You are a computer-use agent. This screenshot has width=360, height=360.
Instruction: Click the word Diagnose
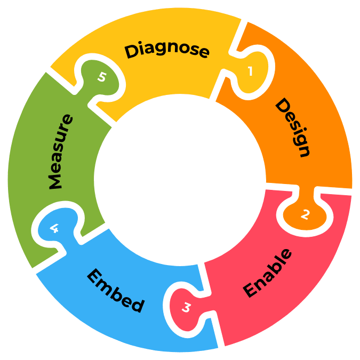click(x=166, y=50)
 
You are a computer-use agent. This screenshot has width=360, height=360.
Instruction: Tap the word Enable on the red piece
click(x=268, y=273)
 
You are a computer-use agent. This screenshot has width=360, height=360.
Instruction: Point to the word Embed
click(x=115, y=291)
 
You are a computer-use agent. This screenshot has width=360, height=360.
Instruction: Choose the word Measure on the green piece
click(x=60, y=151)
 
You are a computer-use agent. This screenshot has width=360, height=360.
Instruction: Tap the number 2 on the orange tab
click(x=305, y=214)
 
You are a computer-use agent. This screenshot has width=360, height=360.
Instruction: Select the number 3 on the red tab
click(x=186, y=308)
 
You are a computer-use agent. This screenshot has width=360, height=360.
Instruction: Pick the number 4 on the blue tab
click(x=54, y=229)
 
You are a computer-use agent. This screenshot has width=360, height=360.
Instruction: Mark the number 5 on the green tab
click(x=101, y=77)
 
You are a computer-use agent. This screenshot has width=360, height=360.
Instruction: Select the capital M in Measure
click(x=55, y=181)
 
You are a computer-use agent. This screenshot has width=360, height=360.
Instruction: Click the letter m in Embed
click(x=103, y=284)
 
